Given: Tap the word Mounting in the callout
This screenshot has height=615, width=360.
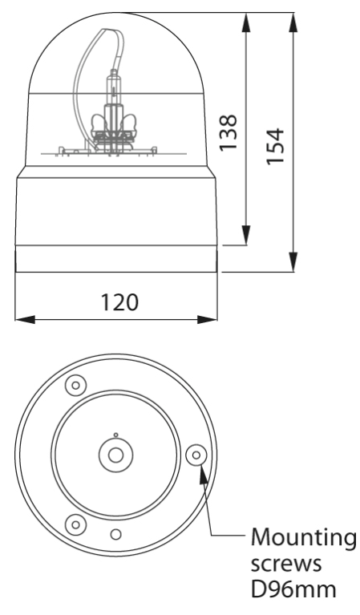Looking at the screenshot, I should [305, 536].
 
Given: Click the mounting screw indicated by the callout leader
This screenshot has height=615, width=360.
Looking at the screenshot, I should [194, 455].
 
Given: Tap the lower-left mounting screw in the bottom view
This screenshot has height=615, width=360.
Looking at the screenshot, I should [76, 524].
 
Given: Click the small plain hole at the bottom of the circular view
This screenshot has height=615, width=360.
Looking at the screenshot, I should [116, 534].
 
